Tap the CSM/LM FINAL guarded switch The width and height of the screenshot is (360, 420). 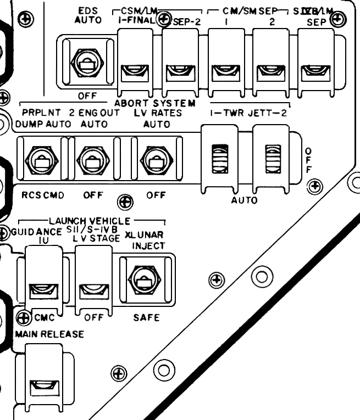(134, 70)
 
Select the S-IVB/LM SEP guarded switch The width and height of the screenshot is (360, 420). (316, 70)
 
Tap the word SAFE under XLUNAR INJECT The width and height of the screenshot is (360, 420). (145, 317)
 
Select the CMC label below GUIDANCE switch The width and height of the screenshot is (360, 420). (45, 317)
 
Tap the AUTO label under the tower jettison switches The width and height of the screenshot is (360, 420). (243, 200)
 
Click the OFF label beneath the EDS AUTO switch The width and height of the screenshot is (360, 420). (87, 96)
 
